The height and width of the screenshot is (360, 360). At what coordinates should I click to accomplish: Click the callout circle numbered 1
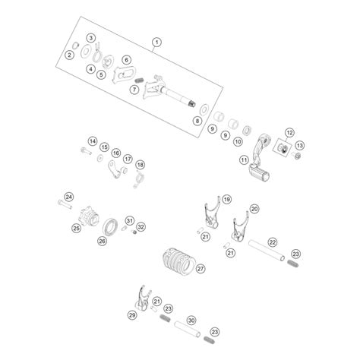(156, 42)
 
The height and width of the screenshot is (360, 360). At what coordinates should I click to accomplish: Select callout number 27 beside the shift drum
(201, 269)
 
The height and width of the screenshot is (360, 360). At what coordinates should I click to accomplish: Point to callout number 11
(244, 160)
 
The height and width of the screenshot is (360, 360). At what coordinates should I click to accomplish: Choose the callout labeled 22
(273, 242)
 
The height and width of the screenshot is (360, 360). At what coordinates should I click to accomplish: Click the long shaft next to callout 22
(267, 251)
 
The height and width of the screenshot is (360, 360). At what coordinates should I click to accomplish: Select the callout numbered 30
(191, 321)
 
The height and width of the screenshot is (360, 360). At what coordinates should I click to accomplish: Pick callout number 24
(69, 197)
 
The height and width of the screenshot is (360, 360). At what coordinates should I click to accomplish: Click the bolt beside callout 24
(65, 204)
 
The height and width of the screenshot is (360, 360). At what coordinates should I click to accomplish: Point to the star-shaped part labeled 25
(88, 218)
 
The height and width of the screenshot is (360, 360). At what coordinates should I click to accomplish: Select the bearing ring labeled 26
(110, 227)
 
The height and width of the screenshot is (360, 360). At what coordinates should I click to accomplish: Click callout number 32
(141, 226)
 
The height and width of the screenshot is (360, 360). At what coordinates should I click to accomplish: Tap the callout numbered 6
(126, 60)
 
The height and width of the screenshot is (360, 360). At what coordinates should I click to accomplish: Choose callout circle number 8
(197, 121)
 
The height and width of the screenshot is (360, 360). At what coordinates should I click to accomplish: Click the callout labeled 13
(300, 145)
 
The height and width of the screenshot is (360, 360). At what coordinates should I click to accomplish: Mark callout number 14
(93, 141)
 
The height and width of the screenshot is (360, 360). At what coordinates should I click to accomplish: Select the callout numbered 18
(140, 165)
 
